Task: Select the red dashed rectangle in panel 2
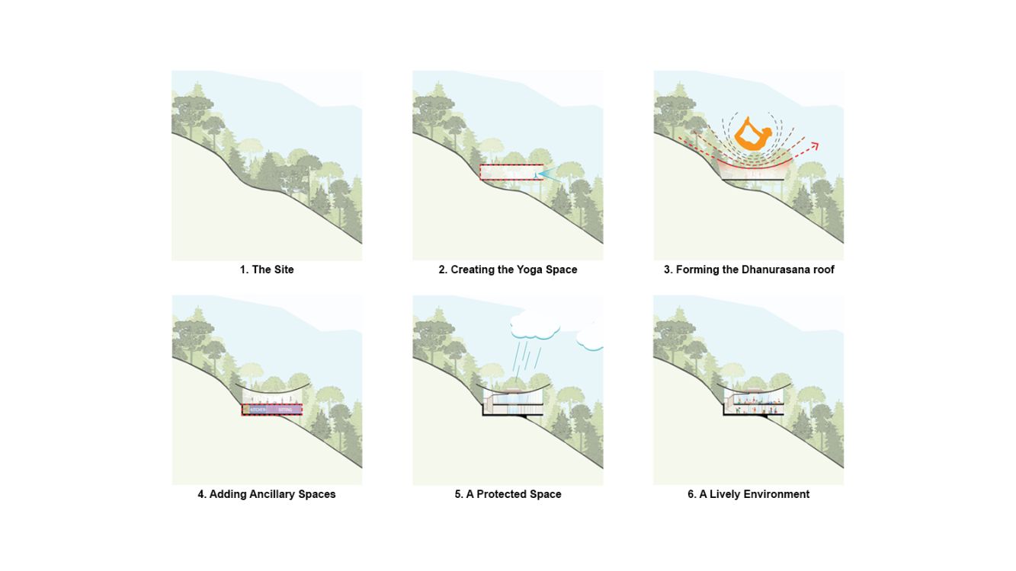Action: coord(511,173)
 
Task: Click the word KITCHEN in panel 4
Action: coord(258,410)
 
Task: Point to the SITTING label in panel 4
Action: coord(284,410)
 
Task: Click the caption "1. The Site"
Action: coord(267,270)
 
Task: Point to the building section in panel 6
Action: coord(752,404)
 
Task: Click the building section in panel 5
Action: coord(511,402)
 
